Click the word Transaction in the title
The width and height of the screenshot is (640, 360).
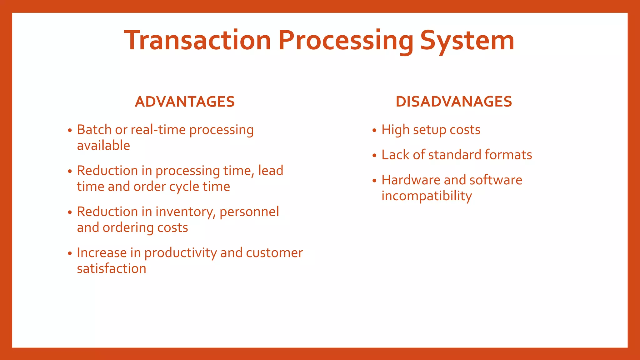click(197, 41)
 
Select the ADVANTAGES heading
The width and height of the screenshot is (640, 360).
click(185, 102)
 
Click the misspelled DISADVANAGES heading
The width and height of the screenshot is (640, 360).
click(454, 102)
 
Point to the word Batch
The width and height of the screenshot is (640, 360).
click(94, 130)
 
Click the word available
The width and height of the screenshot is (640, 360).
click(103, 146)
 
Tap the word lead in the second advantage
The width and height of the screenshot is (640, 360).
click(271, 171)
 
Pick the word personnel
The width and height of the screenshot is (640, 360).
click(249, 212)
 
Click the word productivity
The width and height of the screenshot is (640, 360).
click(180, 253)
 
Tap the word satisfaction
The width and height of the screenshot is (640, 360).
click(112, 269)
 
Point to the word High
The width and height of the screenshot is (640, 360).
click(395, 130)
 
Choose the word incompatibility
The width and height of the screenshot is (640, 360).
click(427, 196)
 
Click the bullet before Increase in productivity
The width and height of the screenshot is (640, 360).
click(70, 253)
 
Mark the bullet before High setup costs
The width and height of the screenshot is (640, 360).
click(374, 130)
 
